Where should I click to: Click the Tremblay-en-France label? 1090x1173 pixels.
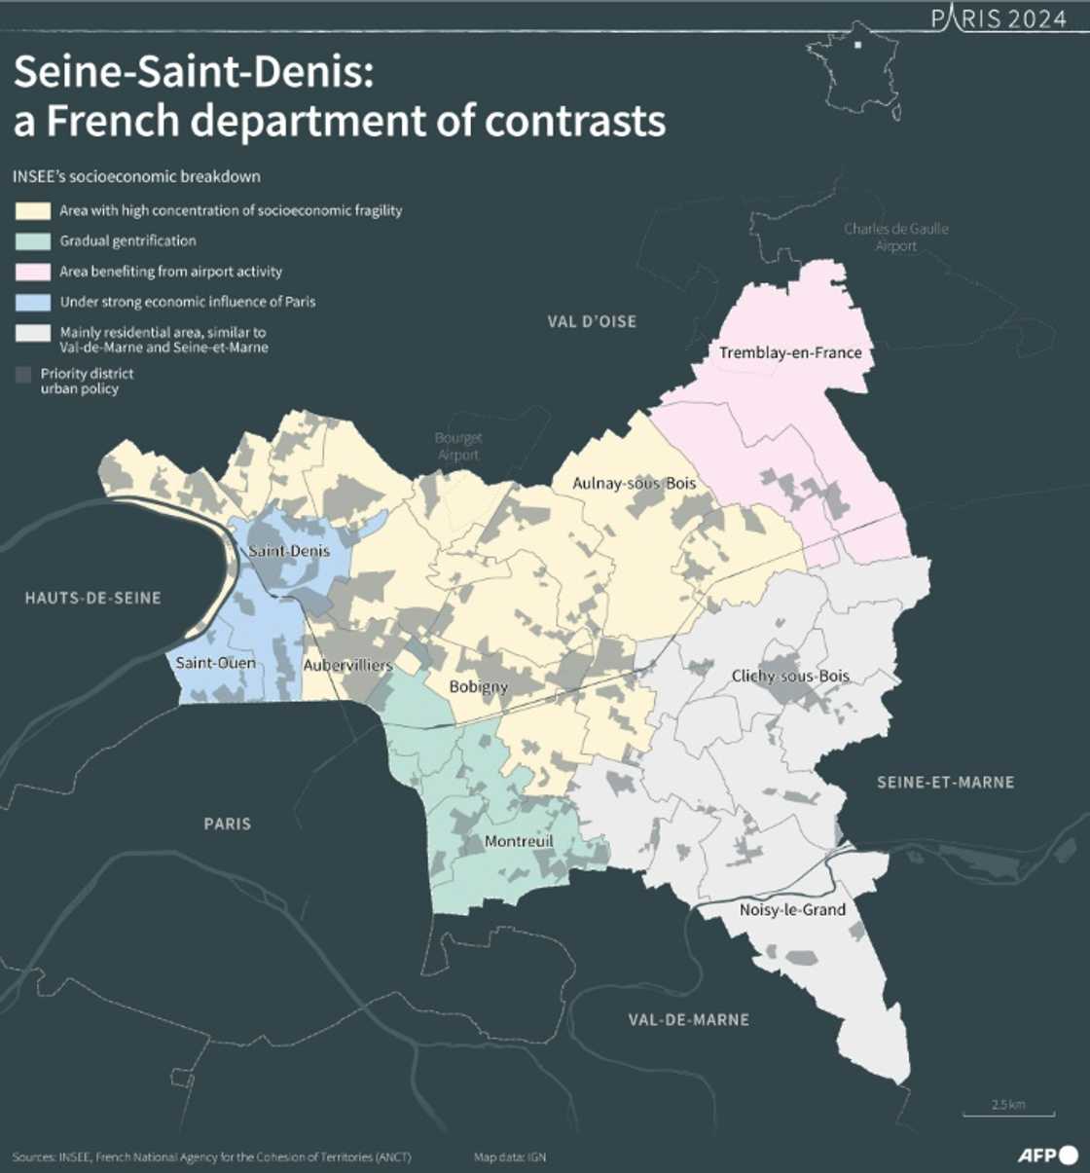pyautogui.click(x=790, y=352)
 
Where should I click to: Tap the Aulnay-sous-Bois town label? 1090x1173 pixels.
pyautogui.click(x=634, y=483)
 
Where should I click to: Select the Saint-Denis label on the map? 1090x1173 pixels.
pyautogui.click(x=289, y=551)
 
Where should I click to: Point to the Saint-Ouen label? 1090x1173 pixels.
pyautogui.click(x=215, y=663)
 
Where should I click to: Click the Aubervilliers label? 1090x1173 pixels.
pyautogui.click(x=347, y=666)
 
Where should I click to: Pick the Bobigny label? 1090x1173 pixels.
pyautogui.click(x=478, y=687)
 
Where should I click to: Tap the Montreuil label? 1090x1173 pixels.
pyautogui.click(x=518, y=841)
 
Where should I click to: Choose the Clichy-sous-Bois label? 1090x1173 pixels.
pyautogui.click(x=790, y=676)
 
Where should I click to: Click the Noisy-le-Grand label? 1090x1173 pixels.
pyautogui.click(x=792, y=910)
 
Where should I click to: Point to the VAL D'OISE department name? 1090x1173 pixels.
pyautogui.click(x=592, y=321)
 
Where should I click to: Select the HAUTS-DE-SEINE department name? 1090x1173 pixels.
pyautogui.click(x=92, y=598)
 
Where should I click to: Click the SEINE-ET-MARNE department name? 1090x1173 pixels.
pyautogui.click(x=945, y=783)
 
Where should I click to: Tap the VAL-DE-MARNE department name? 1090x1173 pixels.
pyautogui.click(x=688, y=1020)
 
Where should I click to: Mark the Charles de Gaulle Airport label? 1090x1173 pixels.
pyautogui.click(x=895, y=238)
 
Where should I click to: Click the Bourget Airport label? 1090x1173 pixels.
pyautogui.click(x=458, y=447)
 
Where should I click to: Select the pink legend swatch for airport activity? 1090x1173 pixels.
pyautogui.click(x=32, y=272)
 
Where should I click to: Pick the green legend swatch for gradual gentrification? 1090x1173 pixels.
pyautogui.click(x=32, y=241)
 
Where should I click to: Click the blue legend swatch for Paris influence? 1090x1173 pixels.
pyautogui.click(x=32, y=302)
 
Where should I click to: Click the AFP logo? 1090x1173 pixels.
pyautogui.click(x=1047, y=1155)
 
